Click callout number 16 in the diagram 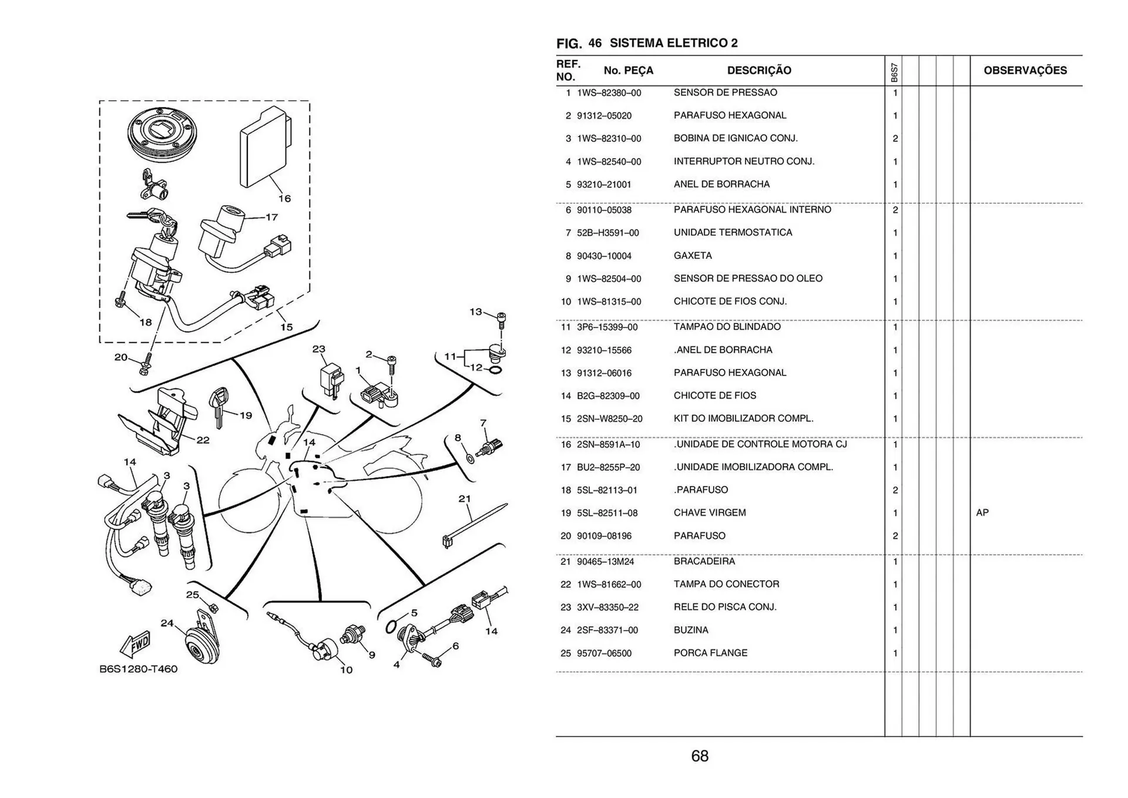(x=284, y=199)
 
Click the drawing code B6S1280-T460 (x=138, y=669)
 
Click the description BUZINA (x=691, y=630)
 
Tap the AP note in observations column (x=982, y=513)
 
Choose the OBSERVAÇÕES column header (x=1025, y=71)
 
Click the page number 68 (x=700, y=756)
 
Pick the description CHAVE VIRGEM (x=710, y=513)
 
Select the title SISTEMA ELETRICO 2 (x=673, y=43)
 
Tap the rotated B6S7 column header (x=894, y=72)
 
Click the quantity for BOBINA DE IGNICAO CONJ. (x=895, y=139)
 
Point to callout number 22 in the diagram (x=203, y=440)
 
